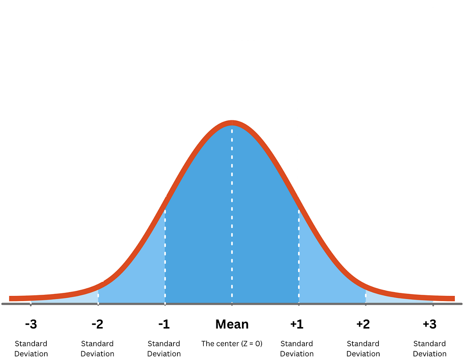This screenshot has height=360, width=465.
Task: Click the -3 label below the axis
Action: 31,324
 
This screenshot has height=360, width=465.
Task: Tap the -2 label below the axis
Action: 98,324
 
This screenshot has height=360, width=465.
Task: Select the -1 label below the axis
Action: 164,324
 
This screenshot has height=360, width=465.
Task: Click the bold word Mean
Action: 232,324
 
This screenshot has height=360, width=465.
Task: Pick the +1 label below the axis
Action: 297,324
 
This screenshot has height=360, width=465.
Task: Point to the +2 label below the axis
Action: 363,324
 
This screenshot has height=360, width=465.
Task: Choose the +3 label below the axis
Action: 430,324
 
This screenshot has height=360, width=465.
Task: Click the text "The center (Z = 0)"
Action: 232,343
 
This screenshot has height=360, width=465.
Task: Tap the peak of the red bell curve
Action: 232,123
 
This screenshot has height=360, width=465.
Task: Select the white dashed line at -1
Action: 165,255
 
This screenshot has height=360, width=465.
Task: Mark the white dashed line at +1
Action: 299,255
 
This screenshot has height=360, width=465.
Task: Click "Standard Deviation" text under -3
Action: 31,349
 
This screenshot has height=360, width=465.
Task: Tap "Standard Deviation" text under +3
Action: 430,349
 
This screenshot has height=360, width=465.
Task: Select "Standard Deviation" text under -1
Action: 164,349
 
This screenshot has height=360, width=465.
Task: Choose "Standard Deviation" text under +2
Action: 363,349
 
